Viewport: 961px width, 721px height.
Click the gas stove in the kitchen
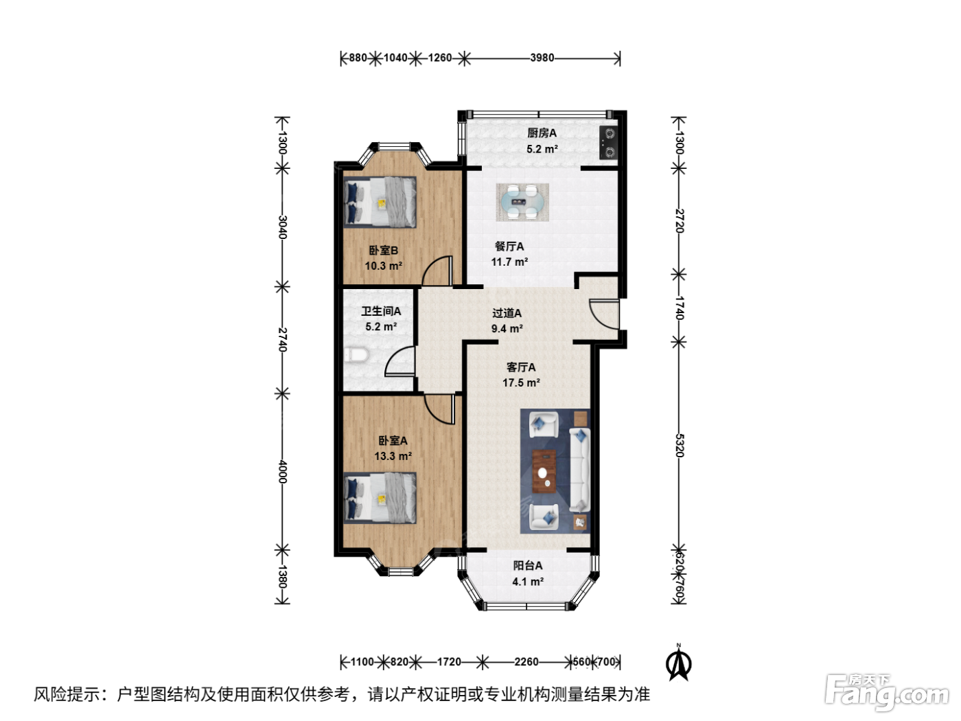[609, 143]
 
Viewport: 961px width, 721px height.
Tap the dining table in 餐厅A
[522, 203]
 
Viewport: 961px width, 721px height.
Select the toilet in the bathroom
[356, 355]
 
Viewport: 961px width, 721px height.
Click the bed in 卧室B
[380, 203]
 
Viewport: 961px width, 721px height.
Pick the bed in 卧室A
[380, 498]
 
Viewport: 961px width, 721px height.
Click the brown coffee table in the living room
[544, 471]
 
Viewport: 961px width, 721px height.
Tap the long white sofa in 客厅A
[579, 470]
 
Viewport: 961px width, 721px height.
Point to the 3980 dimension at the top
[542, 58]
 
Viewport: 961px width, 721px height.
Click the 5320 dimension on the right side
[679, 445]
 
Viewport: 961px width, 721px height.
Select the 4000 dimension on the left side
[282, 472]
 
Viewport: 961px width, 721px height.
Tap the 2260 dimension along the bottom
[526, 661]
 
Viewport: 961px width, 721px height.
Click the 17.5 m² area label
[521, 382]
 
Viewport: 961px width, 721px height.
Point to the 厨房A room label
[542, 133]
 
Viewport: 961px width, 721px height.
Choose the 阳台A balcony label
[528, 566]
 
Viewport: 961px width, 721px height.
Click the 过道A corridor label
[507, 313]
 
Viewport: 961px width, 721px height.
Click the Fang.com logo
[887, 693]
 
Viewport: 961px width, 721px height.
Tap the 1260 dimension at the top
[439, 58]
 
